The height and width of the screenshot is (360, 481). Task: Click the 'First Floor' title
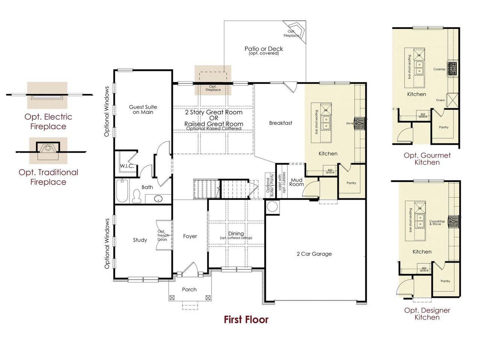(246, 320)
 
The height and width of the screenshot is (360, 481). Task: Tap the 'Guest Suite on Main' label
(143, 110)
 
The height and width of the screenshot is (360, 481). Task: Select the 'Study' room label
(140, 240)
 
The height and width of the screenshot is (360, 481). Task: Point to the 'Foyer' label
(190, 236)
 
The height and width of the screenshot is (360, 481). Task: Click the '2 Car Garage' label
(314, 254)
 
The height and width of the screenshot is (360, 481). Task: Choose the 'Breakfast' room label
(280, 123)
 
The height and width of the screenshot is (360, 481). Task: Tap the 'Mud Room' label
(296, 182)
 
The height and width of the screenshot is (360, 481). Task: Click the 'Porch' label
(189, 290)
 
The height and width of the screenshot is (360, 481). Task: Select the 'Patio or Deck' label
(264, 49)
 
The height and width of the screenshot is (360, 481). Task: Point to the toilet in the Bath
(137, 195)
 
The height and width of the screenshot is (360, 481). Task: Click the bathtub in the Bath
(122, 191)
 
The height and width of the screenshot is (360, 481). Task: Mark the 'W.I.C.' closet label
(127, 166)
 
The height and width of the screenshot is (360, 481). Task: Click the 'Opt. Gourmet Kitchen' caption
(427, 159)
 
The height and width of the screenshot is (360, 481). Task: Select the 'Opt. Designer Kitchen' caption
(427, 314)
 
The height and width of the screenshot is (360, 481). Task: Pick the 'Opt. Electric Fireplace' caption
(48, 122)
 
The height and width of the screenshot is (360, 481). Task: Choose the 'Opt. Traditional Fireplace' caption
(48, 177)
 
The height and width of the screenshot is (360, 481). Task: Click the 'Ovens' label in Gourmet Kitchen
(440, 100)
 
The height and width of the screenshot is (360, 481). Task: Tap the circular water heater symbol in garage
(272, 206)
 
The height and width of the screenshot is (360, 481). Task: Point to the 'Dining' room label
(236, 234)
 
